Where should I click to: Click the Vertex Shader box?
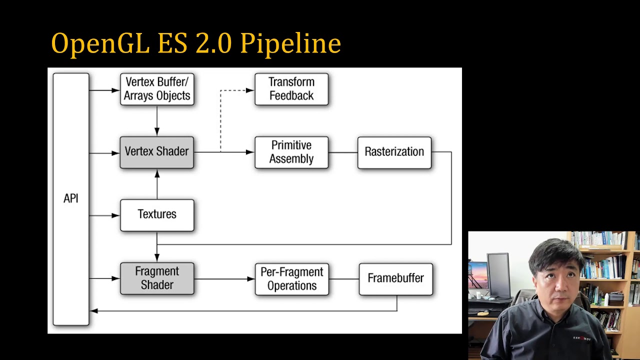point(156,152)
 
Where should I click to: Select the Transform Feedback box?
point(291,89)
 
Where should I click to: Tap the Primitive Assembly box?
point(291,152)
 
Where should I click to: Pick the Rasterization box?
point(394,152)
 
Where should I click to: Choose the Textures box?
point(157,215)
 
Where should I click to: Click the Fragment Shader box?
point(157,278)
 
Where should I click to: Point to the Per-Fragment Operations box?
point(291,279)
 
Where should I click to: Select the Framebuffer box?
point(395,278)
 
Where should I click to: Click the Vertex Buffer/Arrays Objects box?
point(157,89)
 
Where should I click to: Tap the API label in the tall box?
point(71,198)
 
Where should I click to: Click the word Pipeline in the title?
point(290,44)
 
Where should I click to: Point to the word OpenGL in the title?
point(100,44)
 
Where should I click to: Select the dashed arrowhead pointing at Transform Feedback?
point(249,90)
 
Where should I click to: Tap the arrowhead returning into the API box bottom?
point(94,311)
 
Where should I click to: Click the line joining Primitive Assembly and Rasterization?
point(343,152)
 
